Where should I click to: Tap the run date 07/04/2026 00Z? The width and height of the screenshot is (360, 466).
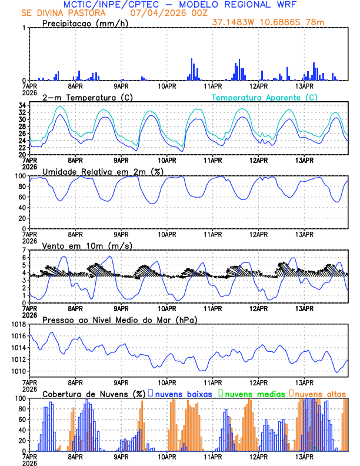164,12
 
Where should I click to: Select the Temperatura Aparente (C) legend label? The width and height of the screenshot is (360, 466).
265,97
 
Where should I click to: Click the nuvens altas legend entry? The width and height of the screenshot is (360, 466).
320,394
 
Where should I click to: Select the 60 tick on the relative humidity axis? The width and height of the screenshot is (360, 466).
21,197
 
